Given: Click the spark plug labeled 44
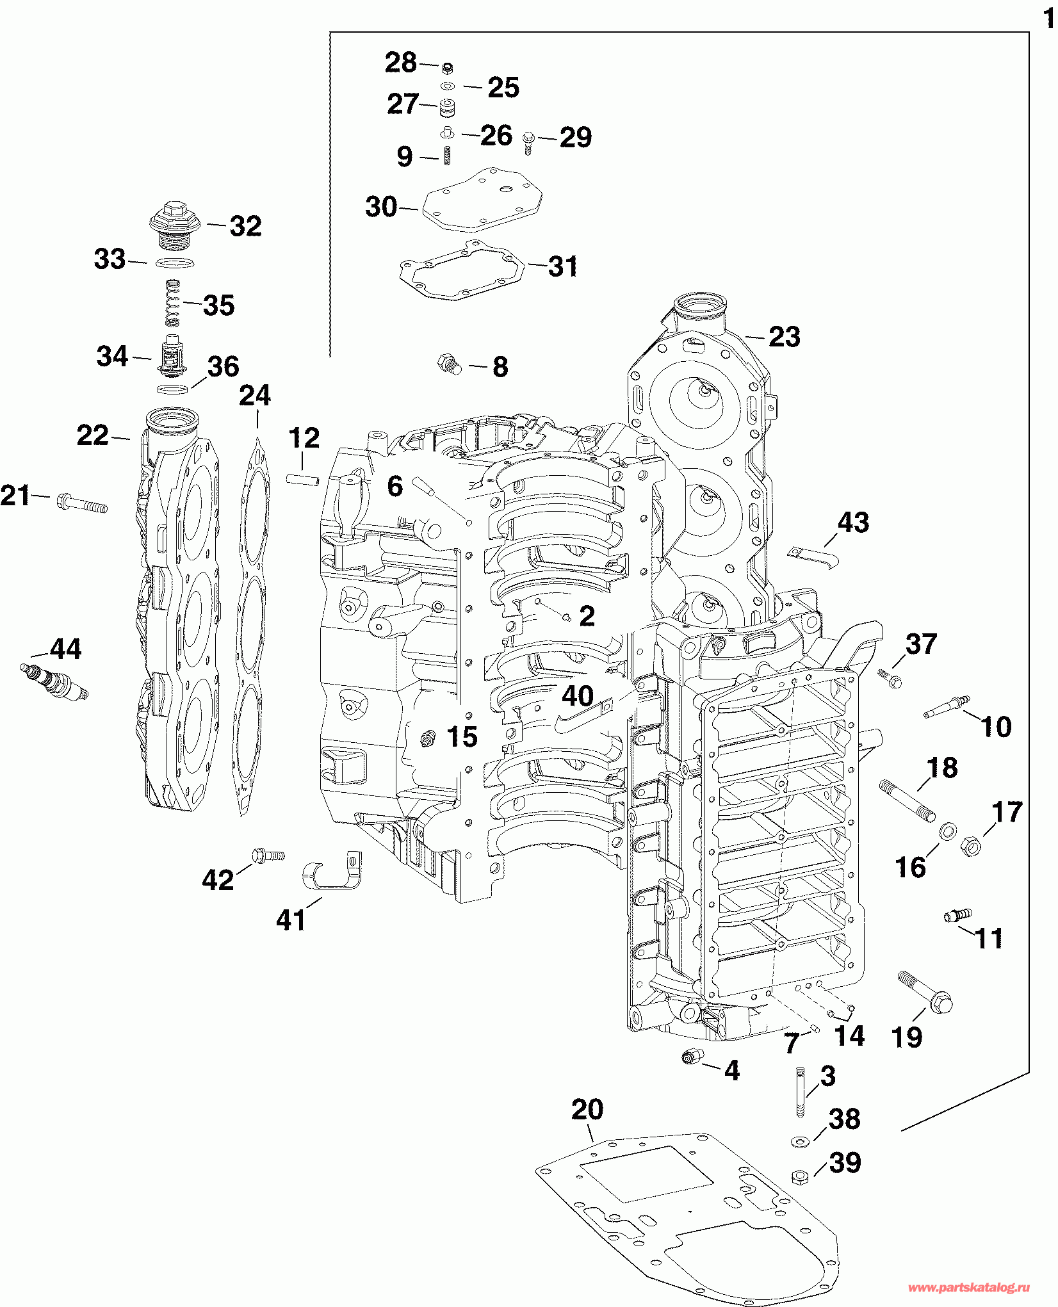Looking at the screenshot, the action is [x=54, y=682].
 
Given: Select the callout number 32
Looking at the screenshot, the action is [x=246, y=226].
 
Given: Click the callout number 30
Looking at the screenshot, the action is [x=382, y=207].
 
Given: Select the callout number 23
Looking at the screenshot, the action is [x=785, y=337].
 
